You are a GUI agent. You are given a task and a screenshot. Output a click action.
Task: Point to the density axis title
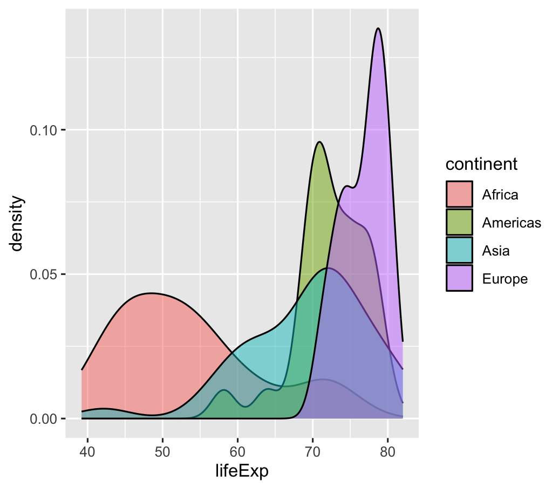pyautogui.click(x=17, y=223)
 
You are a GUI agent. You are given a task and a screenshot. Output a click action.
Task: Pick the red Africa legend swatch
pyautogui.click(x=459, y=194)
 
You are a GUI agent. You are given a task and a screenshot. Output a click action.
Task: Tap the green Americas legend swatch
pyautogui.click(x=459, y=222)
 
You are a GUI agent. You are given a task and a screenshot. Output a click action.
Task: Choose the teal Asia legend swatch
pyautogui.click(x=459, y=250)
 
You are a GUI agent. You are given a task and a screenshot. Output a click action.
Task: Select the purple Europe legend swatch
pyautogui.click(x=459, y=278)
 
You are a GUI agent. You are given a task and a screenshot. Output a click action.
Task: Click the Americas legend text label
pyautogui.click(x=512, y=222)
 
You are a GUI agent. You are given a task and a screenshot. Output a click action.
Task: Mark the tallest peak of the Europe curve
pyautogui.click(x=378, y=29)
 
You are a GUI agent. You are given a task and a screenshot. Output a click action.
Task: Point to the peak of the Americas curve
pyautogui.click(x=319, y=142)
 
